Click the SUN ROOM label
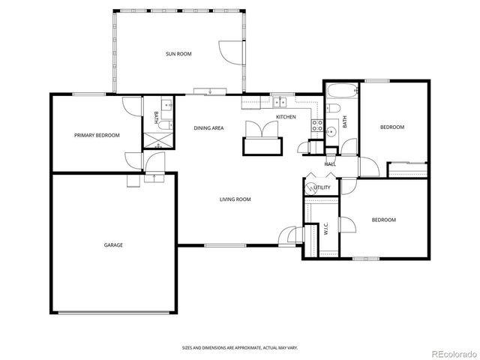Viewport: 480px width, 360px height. (180, 54)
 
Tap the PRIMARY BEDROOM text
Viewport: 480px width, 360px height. (97, 135)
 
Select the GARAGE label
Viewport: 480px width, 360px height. (113, 244)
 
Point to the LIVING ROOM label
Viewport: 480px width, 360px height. (235, 199)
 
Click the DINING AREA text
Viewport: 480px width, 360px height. (208, 128)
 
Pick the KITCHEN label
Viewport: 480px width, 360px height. (286, 117)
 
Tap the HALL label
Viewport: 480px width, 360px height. (330, 163)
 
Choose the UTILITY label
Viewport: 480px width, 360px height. (322, 187)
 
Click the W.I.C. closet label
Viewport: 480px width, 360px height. (327, 230)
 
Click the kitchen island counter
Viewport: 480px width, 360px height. (260, 145)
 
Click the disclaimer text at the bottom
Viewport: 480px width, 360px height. (239, 347)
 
